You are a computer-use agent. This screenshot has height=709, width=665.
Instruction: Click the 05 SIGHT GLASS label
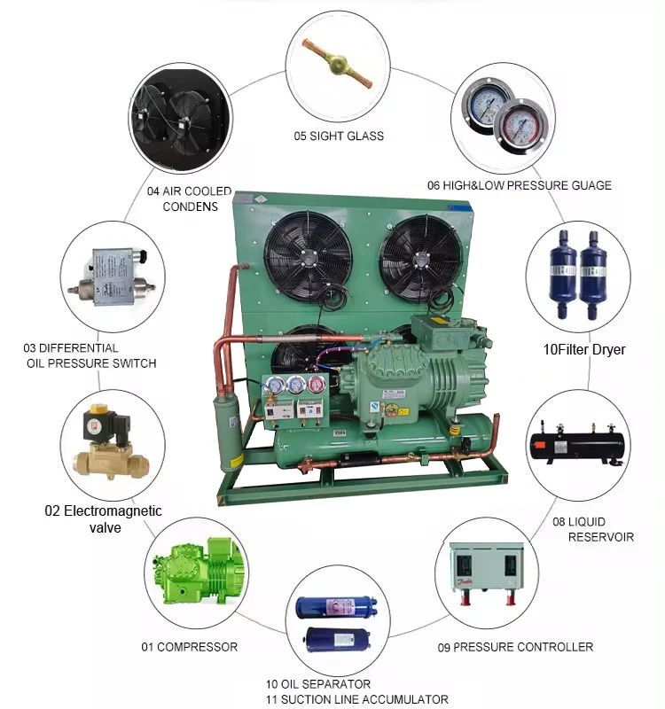pos(339,136)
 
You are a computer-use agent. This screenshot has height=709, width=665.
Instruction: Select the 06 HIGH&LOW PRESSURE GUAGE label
pos(519,185)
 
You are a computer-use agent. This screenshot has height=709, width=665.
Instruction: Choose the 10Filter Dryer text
pos(584,350)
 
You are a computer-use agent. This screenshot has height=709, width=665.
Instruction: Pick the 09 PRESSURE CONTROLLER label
pos(515,647)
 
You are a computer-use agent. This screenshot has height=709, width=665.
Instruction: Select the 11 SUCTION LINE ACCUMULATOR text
pos(357,699)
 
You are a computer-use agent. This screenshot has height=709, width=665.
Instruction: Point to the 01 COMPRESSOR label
pos(190,647)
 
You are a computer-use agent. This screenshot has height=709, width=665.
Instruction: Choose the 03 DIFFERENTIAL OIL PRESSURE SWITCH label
pos(90,355)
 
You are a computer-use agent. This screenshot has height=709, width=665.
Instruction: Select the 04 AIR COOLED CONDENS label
pos(189,199)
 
